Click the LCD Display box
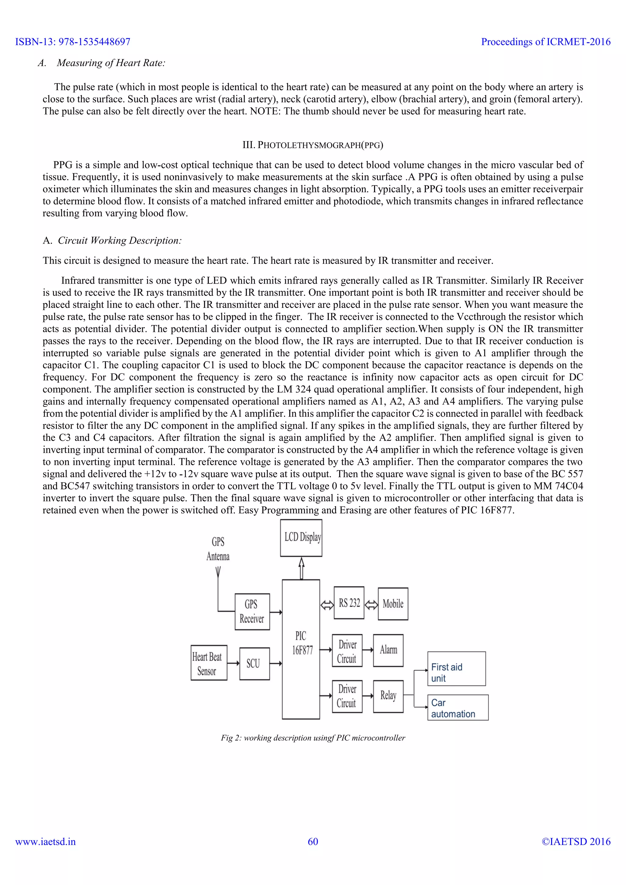tap(301, 538)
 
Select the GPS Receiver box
tap(252, 612)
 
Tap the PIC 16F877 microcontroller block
tap(301, 649)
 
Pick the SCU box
tap(254, 663)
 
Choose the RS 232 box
tap(349, 603)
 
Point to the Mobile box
tap(393, 604)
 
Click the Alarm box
tap(388, 650)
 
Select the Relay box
tap(388, 696)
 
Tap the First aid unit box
tap(456, 669)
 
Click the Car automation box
tap(458, 707)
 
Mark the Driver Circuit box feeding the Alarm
tap(347, 651)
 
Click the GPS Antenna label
tap(218, 549)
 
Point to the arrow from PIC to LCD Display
tap(301, 568)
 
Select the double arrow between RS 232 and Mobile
tap(371, 605)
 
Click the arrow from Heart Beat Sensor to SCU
tap(233, 663)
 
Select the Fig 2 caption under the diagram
tap(313, 737)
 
